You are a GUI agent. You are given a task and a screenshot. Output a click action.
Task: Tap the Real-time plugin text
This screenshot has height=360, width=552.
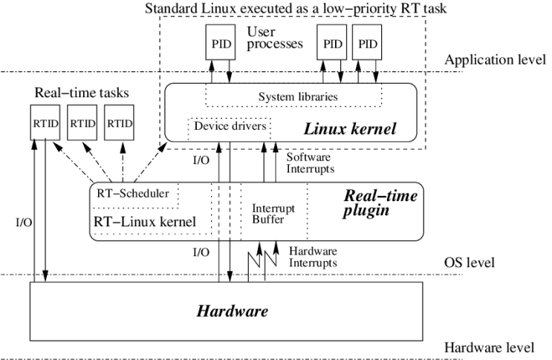tap(380, 204)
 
